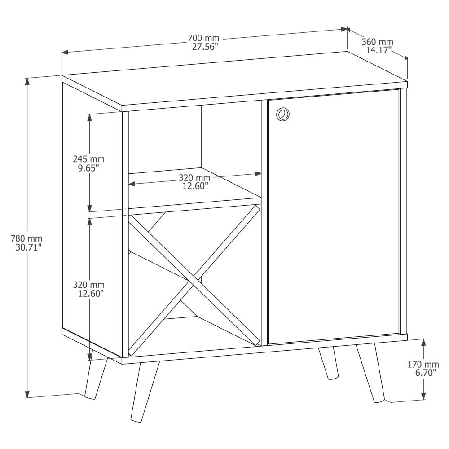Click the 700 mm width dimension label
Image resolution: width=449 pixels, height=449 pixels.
[x=203, y=38]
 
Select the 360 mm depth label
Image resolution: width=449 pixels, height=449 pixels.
[x=378, y=42]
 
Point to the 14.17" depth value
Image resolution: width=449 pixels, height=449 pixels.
[x=379, y=50]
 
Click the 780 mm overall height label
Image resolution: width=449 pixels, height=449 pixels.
[x=26, y=238]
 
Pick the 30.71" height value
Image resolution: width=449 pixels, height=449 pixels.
[x=29, y=247]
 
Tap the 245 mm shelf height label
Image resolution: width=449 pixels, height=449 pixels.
[x=89, y=159]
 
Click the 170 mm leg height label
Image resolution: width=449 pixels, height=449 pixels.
[x=423, y=365]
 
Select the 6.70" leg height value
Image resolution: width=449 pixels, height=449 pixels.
[x=426, y=373]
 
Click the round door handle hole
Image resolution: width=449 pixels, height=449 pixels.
[x=283, y=114]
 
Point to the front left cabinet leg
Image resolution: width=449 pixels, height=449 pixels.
[x=145, y=392]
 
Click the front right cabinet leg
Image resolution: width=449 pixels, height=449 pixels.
[x=370, y=374]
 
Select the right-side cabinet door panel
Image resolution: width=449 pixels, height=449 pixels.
[x=333, y=217]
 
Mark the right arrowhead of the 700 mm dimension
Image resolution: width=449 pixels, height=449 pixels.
[x=344, y=29]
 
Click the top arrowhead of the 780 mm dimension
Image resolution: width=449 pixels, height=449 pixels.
[x=27, y=81]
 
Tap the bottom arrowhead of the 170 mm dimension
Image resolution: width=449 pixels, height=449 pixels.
[x=423, y=396]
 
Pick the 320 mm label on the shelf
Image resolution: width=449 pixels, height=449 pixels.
[x=194, y=178]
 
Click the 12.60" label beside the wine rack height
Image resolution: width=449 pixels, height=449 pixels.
[x=91, y=294]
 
